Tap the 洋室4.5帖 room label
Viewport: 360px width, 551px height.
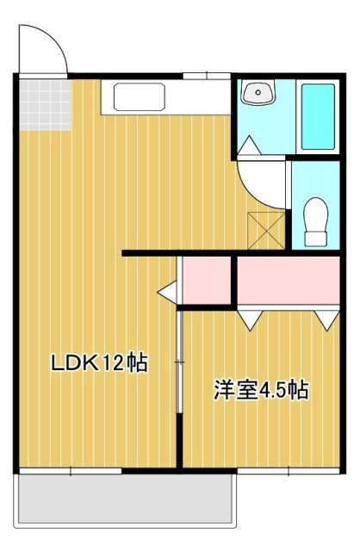261,389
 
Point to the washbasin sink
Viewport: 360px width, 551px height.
258,93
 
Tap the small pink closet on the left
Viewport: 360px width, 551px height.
206,279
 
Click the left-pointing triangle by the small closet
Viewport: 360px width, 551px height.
165,295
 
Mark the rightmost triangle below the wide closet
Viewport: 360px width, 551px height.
326,319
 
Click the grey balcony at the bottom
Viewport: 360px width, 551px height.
125,499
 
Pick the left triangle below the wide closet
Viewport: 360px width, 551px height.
250,319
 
